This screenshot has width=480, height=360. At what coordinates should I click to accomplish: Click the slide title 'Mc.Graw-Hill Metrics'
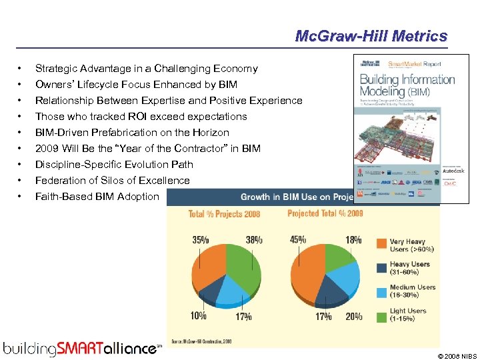(x=371, y=35)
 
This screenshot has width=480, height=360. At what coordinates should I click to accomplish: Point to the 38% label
(x=254, y=240)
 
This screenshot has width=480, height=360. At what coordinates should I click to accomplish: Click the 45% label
(x=298, y=240)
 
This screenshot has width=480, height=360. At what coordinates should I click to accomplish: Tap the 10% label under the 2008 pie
(x=198, y=316)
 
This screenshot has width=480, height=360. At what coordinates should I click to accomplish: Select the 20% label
(x=353, y=316)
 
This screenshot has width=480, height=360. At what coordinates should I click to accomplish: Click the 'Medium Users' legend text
(x=413, y=287)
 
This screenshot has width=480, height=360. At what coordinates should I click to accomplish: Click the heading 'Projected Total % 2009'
(x=325, y=214)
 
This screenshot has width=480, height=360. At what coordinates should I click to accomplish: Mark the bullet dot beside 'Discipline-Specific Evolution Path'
(x=22, y=165)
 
